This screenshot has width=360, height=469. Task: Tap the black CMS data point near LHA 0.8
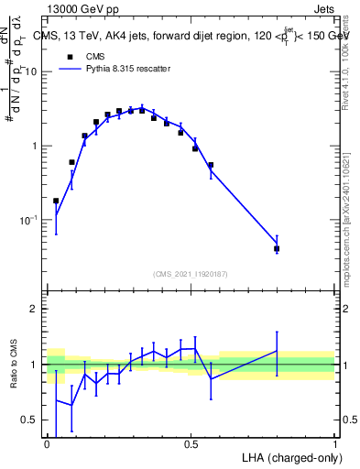277,248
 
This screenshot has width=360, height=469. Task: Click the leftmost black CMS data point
56,201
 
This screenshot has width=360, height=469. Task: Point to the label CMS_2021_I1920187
189,273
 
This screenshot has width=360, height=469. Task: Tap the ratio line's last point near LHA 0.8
277,351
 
